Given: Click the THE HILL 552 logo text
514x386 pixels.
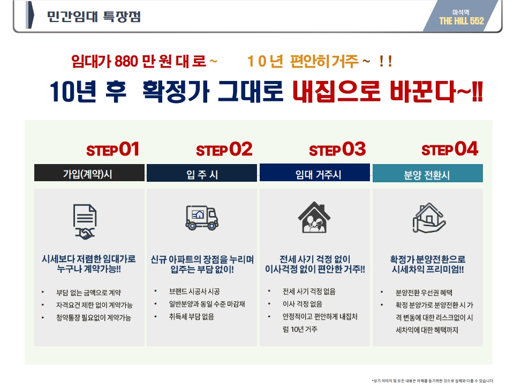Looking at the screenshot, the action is [x=462, y=21].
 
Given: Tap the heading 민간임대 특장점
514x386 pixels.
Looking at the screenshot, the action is [x=94, y=17].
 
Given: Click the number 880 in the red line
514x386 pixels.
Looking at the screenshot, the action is [x=126, y=61].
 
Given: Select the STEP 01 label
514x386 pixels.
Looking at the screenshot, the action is [x=113, y=150].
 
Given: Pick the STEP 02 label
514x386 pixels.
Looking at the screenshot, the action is [x=224, y=150].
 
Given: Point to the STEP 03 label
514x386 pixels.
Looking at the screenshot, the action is [x=337, y=150].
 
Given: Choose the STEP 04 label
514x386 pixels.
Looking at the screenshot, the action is [x=450, y=150].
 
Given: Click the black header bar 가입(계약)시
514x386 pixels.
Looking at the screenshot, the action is [x=89, y=173].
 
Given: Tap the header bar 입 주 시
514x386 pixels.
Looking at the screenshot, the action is [x=202, y=173].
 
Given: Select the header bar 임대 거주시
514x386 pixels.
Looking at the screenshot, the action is [x=315, y=173].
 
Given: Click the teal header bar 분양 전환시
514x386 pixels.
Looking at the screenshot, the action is [x=427, y=173].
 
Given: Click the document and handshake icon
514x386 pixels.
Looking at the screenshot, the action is [x=85, y=222].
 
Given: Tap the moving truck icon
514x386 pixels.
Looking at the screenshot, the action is [x=202, y=218].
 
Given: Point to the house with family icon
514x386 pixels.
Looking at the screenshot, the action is [x=314, y=217].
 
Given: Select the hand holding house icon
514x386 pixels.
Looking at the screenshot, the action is [x=429, y=218].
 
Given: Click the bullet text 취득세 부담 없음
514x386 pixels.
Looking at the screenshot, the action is [x=192, y=317].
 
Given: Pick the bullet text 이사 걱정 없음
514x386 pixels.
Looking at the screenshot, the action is [x=302, y=305].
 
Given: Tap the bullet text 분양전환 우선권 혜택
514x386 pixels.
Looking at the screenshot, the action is [x=424, y=293].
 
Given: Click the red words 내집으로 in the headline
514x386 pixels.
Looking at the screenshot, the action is [x=337, y=91].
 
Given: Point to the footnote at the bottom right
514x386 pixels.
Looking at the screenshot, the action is [x=433, y=381].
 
